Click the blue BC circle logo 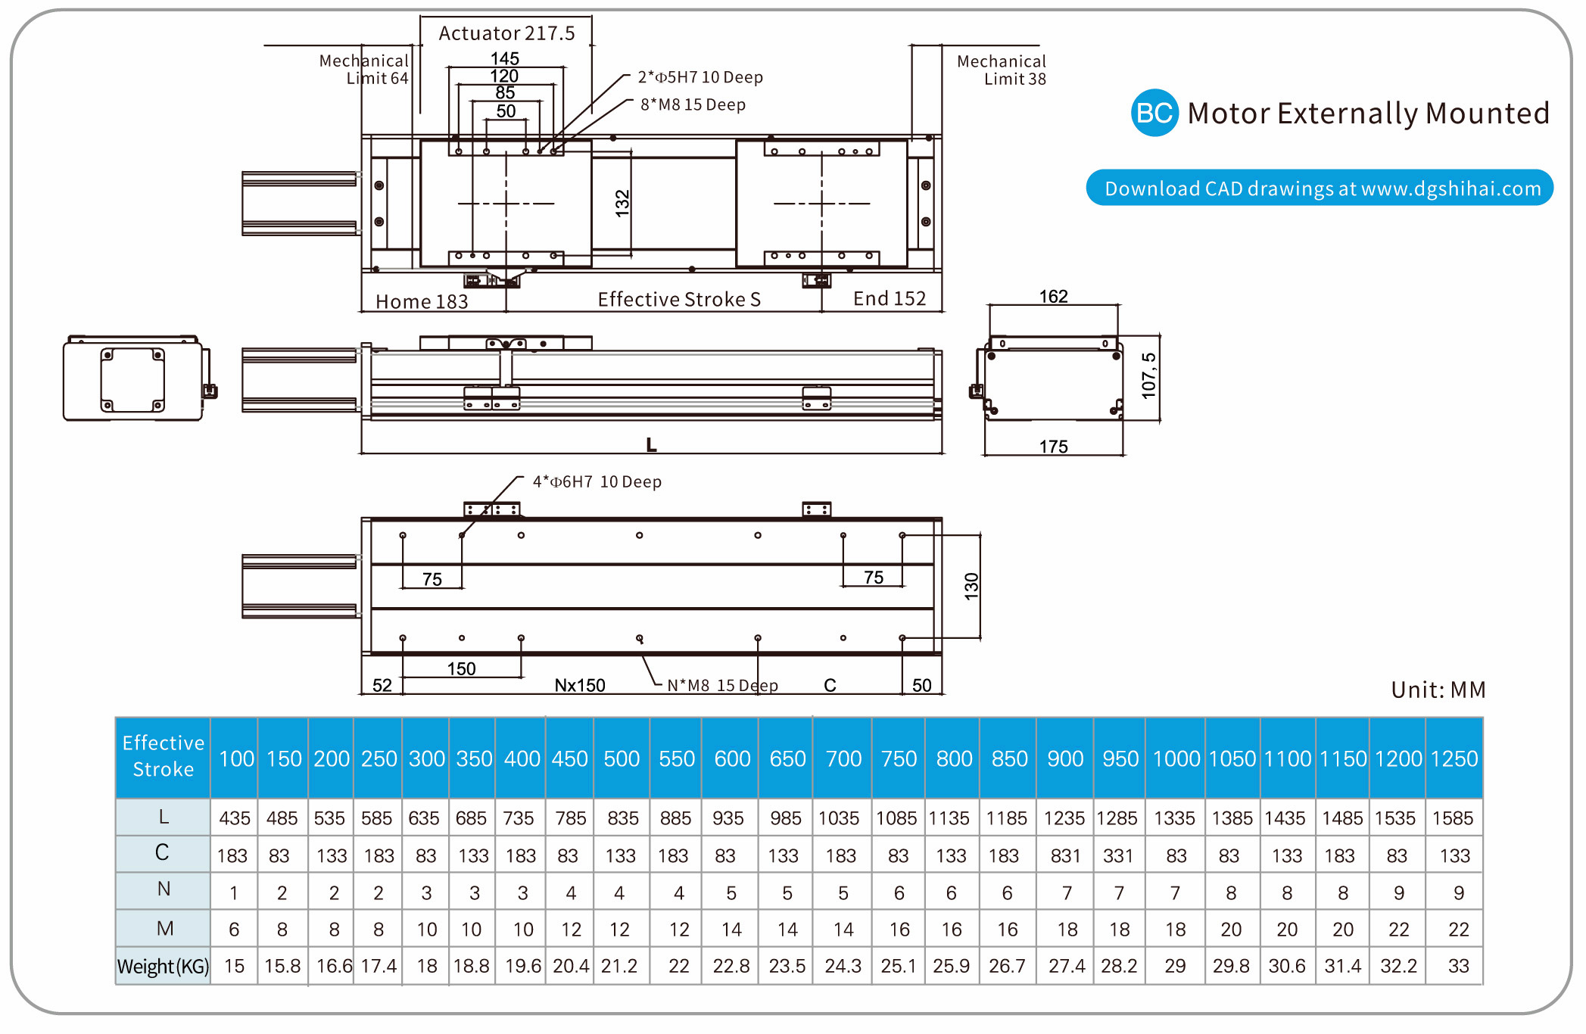(x=1154, y=113)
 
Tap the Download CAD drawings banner (x=1320, y=188)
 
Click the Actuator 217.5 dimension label (x=506, y=33)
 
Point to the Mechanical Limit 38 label (x=1001, y=70)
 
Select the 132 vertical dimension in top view (x=622, y=204)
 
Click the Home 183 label (x=422, y=301)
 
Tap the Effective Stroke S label (x=679, y=300)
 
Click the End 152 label (x=890, y=299)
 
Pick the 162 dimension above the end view (x=1053, y=296)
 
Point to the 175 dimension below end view (x=1053, y=447)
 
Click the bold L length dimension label (x=651, y=445)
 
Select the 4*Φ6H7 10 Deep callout (x=597, y=481)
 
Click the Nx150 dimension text (x=580, y=685)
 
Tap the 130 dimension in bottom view (x=971, y=587)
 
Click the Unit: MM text (x=1438, y=690)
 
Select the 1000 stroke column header (x=1176, y=758)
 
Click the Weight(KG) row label (x=163, y=966)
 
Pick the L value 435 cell (x=235, y=818)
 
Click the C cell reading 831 (x=1065, y=855)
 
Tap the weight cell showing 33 (x=1458, y=966)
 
